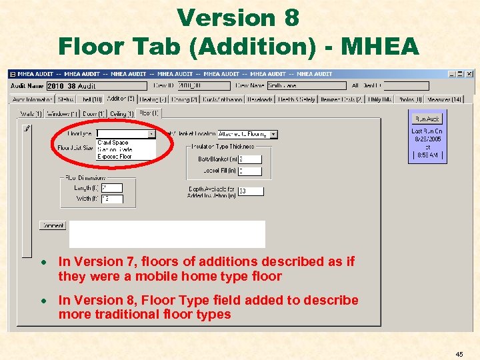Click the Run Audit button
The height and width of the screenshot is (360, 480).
pyautogui.click(x=427, y=119)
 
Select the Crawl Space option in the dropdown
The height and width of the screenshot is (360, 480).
pyautogui.click(x=113, y=142)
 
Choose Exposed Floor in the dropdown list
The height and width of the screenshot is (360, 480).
pyautogui.click(x=115, y=157)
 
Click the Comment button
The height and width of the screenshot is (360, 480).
pyautogui.click(x=53, y=225)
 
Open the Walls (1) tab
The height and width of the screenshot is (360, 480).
pyautogui.click(x=31, y=114)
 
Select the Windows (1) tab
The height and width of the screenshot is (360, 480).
pyautogui.click(x=63, y=114)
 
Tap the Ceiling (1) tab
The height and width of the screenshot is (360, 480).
pyautogui.click(x=122, y=114)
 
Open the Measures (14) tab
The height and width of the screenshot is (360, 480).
pyautogui.click(x=445, y=99)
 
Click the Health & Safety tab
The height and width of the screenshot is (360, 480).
pyautogui.click(x=295, y=99)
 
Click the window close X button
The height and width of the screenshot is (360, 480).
pyautogui.click(x=470, y=73)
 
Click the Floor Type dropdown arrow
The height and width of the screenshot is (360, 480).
pyautogui.click(x=151, y=134)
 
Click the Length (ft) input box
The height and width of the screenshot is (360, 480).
pyautogui.click(x=111, y=188)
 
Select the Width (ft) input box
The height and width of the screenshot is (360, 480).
pyautogui.click(x=111, y=199)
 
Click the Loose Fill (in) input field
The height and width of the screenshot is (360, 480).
pyautogui.click(x=250, y=171)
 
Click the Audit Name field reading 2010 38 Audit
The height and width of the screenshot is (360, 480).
pyautogui.click(x=96, y=85)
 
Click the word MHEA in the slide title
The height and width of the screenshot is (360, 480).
pyautogui.click(x=379, y=47)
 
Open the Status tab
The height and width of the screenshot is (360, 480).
pyautogui.click(x=65, y=99)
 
